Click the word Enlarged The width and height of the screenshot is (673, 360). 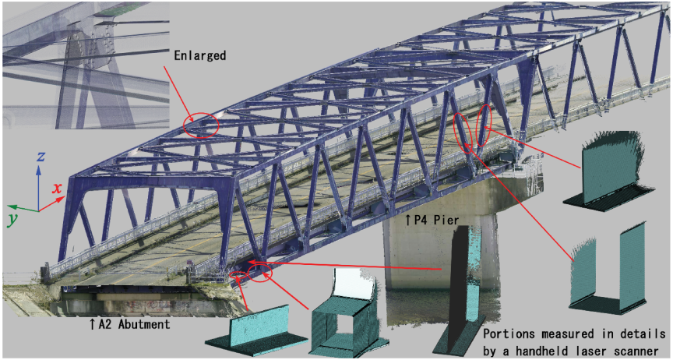(x=200, y=56)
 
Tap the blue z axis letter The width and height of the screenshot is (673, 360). (x=41, y=157)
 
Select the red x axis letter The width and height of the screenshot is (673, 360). (x=57, y=188)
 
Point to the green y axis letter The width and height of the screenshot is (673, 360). (x=13, y=219)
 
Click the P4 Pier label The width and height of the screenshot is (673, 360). (x=432, y=221)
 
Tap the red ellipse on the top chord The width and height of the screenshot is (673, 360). (x=201, y=125)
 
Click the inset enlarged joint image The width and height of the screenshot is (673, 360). (x=86, y=65)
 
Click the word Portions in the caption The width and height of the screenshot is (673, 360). (x=510, y=334)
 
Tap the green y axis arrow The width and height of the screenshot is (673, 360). (x=23, y=209)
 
